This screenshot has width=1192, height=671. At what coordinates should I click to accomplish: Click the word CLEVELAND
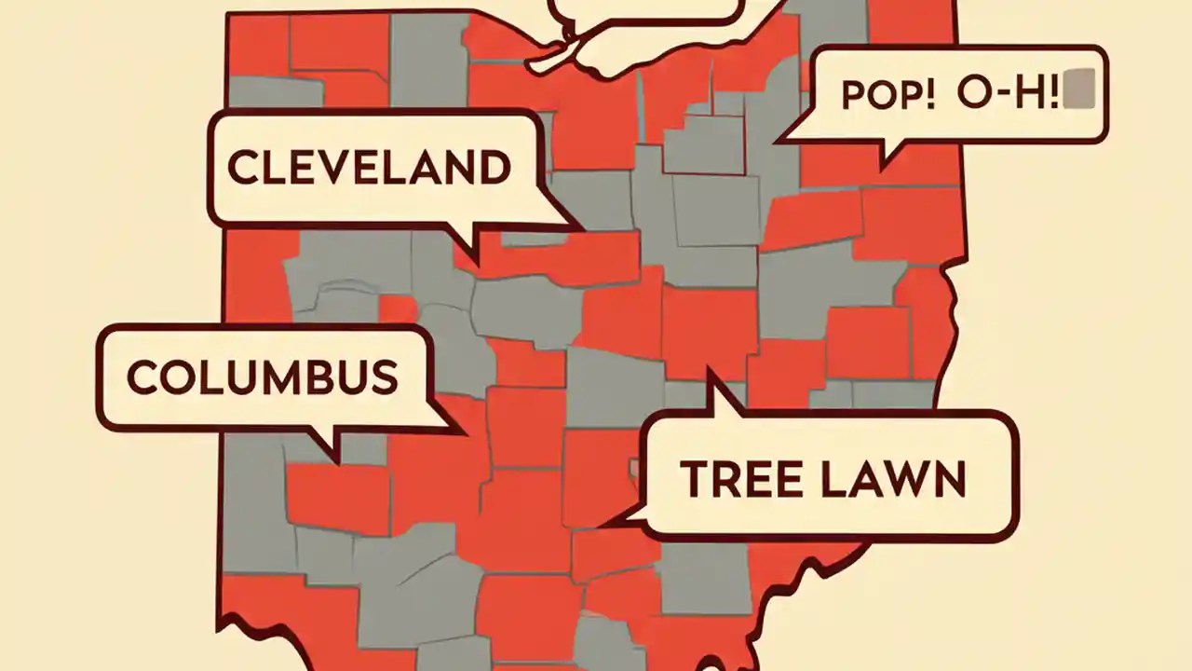click(x=369, y=168)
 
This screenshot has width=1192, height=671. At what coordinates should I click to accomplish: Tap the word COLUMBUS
click(x=262, y=377)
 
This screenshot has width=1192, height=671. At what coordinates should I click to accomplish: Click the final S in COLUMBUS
click(x=383, y=377)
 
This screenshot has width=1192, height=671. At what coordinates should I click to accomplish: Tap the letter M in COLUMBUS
click(x=284, y=377)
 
